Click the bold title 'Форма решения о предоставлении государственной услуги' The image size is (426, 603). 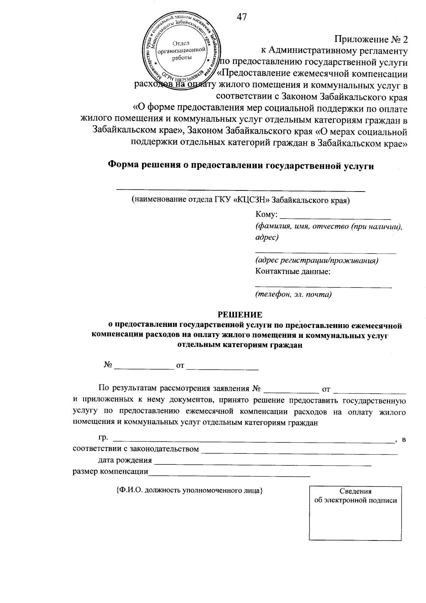[x=241, y=166]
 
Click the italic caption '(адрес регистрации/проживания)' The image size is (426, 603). [x=317, y=260]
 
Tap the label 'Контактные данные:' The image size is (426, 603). [x=293, y=272]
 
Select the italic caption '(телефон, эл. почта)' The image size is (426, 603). [x=293, y=294]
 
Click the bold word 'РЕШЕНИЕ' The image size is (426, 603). [x=240, y=314]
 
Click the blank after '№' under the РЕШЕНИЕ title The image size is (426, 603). [x=144, y=366]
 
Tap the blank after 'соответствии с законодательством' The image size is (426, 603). [x=299, y=451]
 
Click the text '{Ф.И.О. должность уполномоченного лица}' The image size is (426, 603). [x=189, y=491]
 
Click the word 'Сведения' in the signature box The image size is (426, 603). [x=355, y=491]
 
